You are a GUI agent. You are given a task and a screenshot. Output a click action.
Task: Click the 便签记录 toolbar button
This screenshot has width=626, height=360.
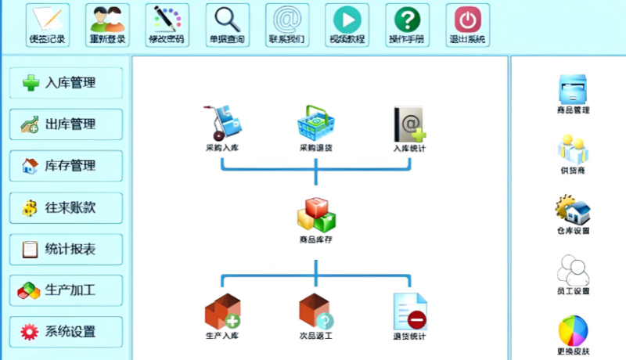pyautogui.click(x=48, y=24)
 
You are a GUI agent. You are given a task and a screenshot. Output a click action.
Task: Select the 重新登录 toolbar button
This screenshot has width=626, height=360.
pyautogui.click(x=107, y=24)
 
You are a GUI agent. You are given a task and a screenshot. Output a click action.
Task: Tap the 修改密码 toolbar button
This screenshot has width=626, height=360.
pyautogui.click(x=167, y=24)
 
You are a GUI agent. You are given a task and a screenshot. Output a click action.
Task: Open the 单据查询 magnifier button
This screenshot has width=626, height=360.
pyautogui.click(x=227, y=24)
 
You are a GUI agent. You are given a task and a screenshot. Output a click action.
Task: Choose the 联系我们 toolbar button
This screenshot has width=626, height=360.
pyautogui.click(x=287, y=24)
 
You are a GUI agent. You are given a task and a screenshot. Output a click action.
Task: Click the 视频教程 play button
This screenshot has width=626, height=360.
pyautogui.click(x=347, y=24)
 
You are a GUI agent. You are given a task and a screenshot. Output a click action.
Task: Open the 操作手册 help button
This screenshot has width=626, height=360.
pyautogui.click(x=407, y=24)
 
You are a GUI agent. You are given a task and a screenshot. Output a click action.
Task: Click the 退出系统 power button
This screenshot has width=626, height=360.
pyautogui.click(x=467, y=24)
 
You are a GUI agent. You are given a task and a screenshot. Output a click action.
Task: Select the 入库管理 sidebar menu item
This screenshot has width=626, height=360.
pyautogui.click(x=66, y=83)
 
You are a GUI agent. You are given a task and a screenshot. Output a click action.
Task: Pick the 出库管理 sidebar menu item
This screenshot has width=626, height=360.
pyautogui.click(x=66, y=124)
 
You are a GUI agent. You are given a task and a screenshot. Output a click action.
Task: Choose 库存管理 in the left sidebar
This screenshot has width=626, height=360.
pyautogui.click(x=66, y=166)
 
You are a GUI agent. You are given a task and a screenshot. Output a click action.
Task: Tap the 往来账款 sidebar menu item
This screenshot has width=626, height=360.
pyautogui.click(x=66, y=208)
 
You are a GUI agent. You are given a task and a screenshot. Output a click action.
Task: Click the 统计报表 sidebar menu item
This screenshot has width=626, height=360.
pyautogui.click(x=66, y=250)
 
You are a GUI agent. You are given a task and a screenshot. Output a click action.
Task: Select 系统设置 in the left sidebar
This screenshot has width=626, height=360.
pyautogui.click(x=66, y=332)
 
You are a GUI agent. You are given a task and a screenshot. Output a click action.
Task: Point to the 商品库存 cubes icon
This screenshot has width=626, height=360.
pyautogui.click(x=315, y=215)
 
